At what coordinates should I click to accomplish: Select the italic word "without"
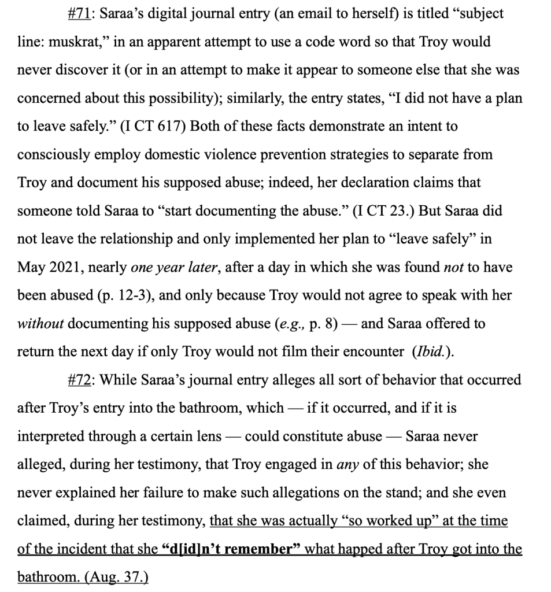coord(40,324)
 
